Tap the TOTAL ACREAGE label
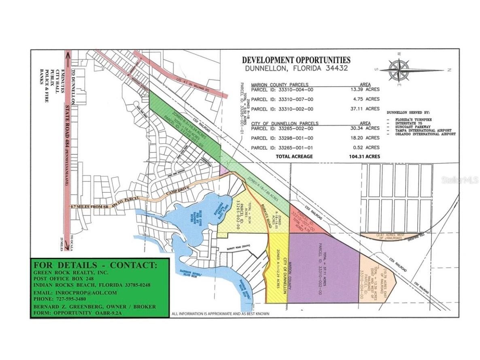click(x=294, y=156)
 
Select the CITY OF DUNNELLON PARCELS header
click(x=285, y=124)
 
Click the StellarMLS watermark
click(x=460, y=179)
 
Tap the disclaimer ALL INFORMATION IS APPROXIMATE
click(x=220, y=314)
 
